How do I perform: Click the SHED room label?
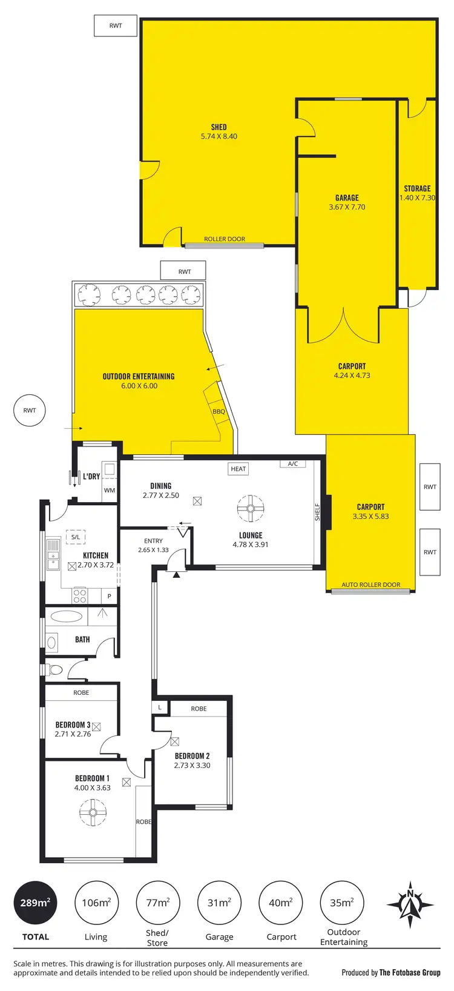[219, 127]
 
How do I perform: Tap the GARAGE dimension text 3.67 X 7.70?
[347, 207]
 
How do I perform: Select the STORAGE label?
[417, 188]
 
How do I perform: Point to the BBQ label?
[219, 412]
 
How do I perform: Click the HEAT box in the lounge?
[239, 468]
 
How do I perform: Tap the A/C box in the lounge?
[293, 464]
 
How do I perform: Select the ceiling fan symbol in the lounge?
[250, 508]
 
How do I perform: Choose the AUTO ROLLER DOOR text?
[370, 585]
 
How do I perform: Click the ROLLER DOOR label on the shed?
[225, 239]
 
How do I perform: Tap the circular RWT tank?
[30, 411]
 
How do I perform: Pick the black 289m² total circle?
[35, 903]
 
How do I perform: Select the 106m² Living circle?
[96, 903]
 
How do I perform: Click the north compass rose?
[410, 904]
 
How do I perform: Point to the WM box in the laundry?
[110, 491]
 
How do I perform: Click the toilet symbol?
[54, 670]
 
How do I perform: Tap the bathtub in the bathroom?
[67, 617]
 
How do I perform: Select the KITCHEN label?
[96, 555]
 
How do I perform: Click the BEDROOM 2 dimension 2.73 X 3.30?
[192, 766]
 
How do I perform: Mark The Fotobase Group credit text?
[410, 973]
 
